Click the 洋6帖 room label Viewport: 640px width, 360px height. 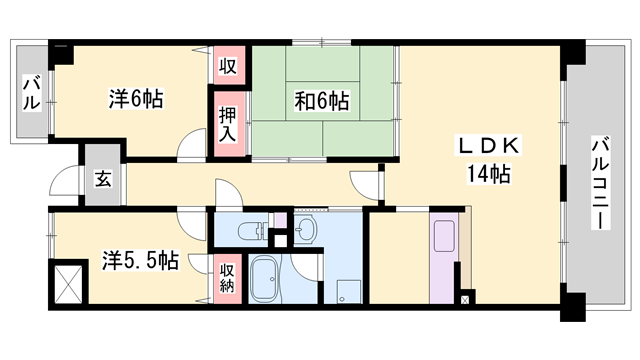point(136,99)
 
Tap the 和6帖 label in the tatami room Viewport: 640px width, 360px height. point(321,101)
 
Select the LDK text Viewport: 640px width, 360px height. point(488,146)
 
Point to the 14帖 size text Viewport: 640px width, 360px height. point(488,175)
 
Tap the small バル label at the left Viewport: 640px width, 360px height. point(29,96)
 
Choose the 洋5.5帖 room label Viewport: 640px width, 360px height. point(141,262)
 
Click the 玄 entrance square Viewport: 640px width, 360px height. point(102,180)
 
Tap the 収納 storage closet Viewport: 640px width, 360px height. point(228,274)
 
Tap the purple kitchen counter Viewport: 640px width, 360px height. point(441,258)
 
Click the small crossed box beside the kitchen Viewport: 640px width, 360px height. point(465,297)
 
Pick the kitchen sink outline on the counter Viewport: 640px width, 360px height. point(441,238)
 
